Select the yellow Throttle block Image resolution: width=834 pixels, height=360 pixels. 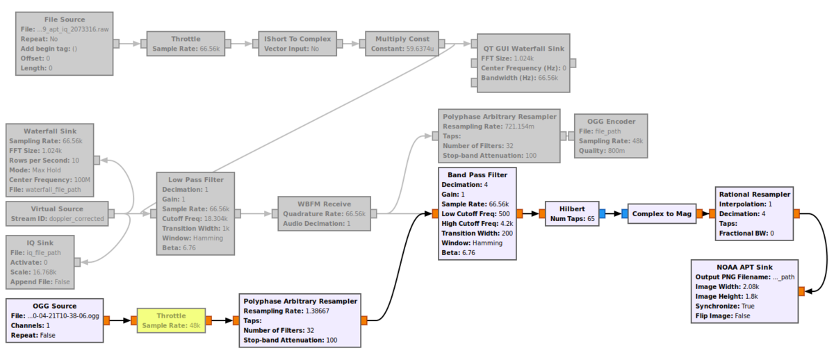tap(171, 320)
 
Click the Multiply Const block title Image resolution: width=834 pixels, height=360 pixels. tap(402, 39)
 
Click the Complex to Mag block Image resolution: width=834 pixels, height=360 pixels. tap(662, 213)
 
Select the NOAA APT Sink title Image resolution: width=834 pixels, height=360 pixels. tap(745, 267)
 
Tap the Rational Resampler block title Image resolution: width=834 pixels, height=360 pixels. tap(754, 195)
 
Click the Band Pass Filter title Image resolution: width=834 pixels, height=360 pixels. tap(477, 174)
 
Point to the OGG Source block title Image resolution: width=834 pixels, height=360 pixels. tap(54, 306)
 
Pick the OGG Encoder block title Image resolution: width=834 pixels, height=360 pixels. tap(611, 121)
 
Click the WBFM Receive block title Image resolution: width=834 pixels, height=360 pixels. tap(324, 204)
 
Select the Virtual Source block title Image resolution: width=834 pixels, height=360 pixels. tap(57, 208)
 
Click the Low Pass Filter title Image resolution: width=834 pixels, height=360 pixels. tap(195, 179)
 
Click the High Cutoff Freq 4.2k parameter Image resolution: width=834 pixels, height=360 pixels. tap(477, 223)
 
